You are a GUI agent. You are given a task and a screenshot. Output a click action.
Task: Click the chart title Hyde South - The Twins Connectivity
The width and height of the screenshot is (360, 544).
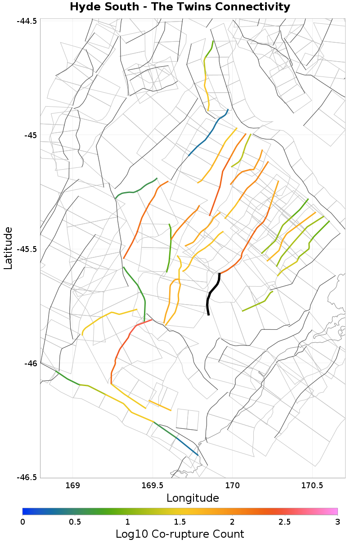pos(180,7)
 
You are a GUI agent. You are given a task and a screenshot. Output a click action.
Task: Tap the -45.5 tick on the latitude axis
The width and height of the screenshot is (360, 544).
pos(28,249)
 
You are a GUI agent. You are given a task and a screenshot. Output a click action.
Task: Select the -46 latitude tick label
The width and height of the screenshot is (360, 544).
pos(31,363)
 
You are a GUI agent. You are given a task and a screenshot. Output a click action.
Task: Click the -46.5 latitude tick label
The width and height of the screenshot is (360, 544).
pos(28,477)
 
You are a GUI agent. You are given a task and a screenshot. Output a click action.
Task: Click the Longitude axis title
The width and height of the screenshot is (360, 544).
pos(193,498)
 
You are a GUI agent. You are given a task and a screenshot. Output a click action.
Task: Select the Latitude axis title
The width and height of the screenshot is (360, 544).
pos(8,248)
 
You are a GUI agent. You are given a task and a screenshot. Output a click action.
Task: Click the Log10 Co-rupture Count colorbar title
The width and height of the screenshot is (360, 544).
pos(180,534)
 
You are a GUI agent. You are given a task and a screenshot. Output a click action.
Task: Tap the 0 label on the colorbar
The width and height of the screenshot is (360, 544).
pos(22,522)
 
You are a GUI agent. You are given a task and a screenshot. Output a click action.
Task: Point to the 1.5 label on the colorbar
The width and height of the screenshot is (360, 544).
pos(180,522)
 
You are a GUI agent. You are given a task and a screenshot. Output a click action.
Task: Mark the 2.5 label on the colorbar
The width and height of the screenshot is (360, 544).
pos(285,522)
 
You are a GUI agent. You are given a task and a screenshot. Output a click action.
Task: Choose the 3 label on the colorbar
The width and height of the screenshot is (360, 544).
pos(337,522)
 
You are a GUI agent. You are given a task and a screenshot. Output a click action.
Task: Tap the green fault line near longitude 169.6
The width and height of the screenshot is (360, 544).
pos(170,247)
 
